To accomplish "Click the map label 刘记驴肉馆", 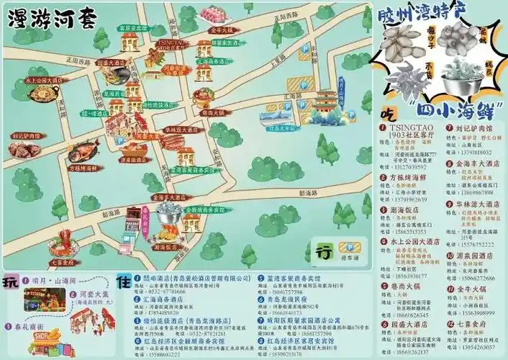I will tap(27, 135).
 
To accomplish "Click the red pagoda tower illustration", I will tap(326, 104).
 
